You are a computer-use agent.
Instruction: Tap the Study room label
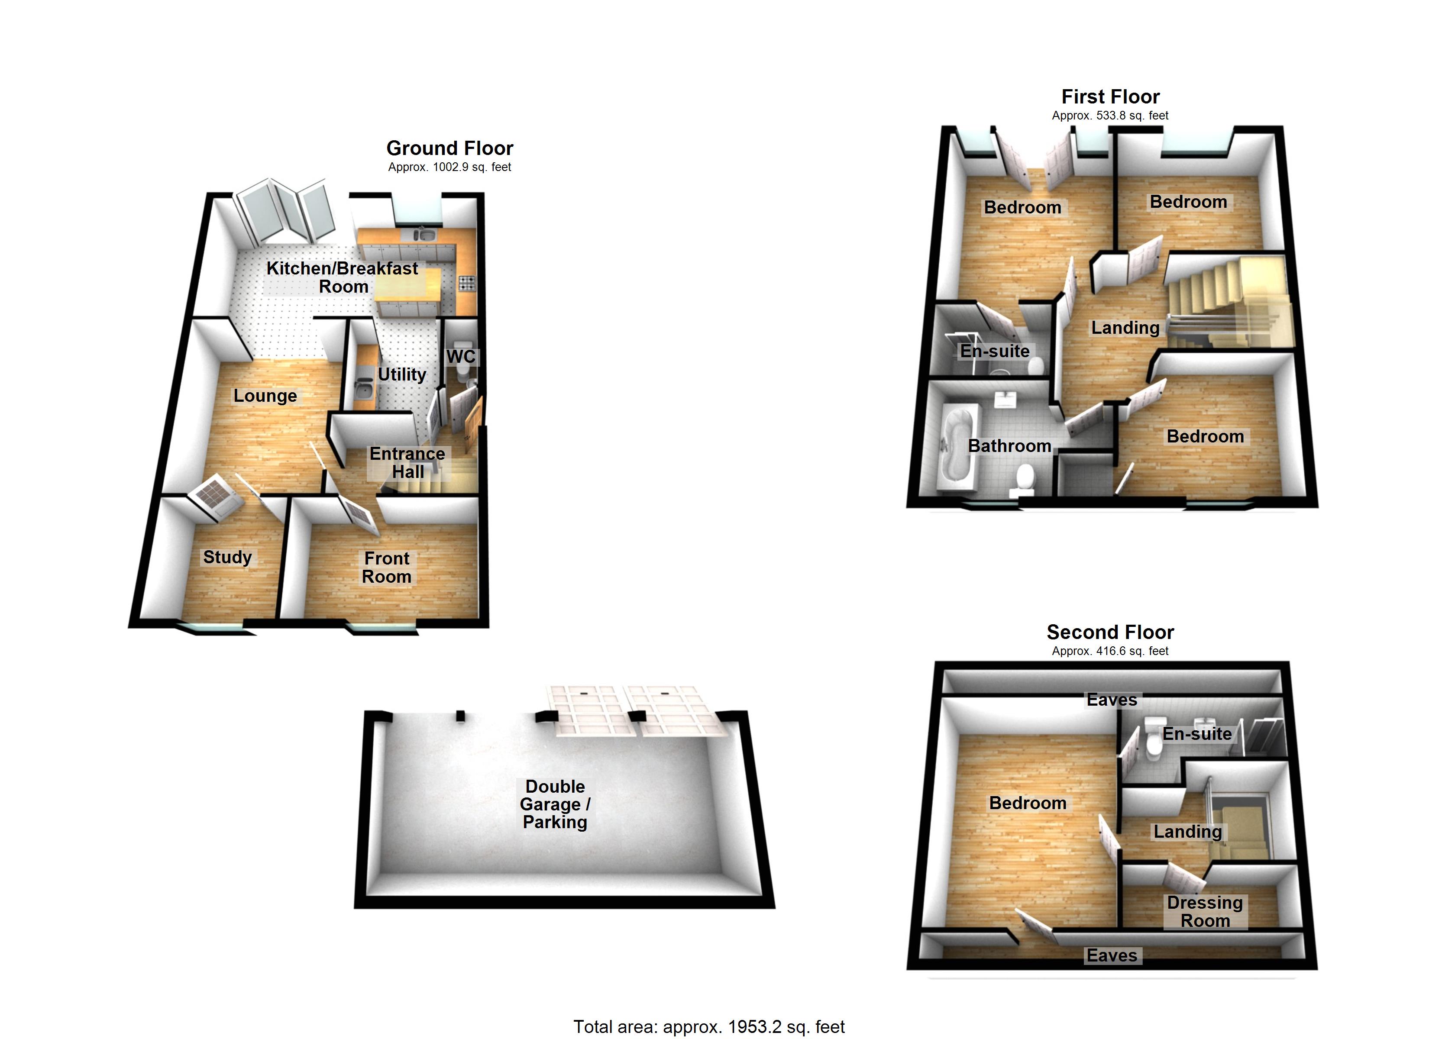(x=227, y=557)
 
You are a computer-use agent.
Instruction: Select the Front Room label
(x=386, y=567)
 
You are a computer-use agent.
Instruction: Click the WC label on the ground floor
(x=461, y=357)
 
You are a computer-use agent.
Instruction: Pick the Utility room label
(x=401, y=374)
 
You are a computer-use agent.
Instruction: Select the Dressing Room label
(x=1205, y=911)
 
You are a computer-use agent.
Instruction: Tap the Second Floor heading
(x=1110, y=632)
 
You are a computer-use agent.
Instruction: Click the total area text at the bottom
(x=709, y=1026)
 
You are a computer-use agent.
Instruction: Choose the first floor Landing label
(x=1125, y=328)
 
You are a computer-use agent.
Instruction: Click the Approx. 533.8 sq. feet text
(x=1110, y=116)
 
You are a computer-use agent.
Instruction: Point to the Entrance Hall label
(x=407, y=462)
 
